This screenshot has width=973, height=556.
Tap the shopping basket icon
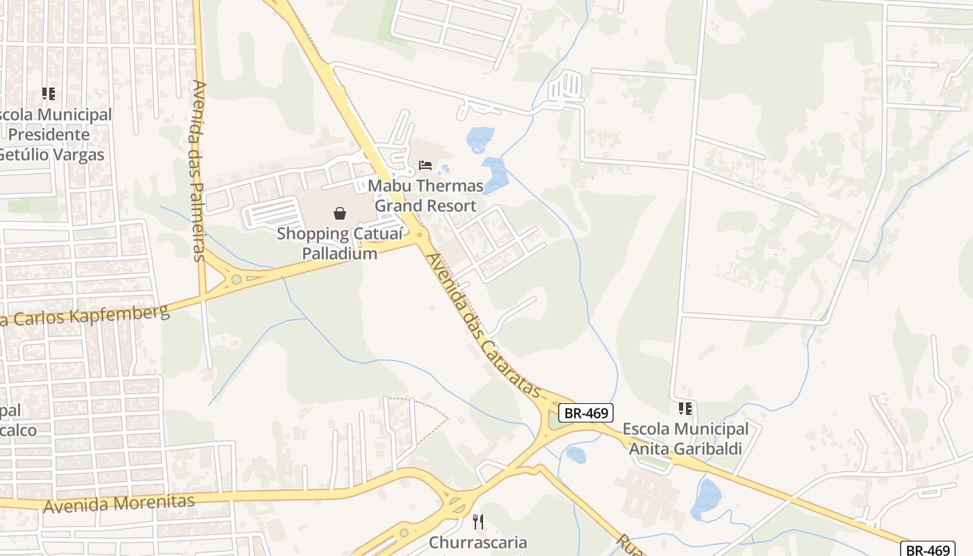tap(340, 213)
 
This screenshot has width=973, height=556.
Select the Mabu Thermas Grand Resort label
tap(425, 195)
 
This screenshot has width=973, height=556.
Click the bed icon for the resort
tap(425, 165)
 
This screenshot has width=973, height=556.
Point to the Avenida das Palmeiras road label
tap(199, 170)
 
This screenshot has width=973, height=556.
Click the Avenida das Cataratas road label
tap(484, 325)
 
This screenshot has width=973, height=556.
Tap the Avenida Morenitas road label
tap(118, 503)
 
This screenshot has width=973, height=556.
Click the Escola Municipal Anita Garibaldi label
tap(685, 439)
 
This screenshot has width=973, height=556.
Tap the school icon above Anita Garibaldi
tap(685, 409)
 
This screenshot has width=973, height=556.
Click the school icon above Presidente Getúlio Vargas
tap(48, 93)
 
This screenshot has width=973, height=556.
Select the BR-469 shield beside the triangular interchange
tap(587, 413)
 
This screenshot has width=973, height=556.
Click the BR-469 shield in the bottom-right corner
tap(927, 550)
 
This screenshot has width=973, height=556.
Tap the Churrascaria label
tap(478, 542)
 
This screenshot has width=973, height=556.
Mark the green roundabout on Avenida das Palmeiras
tap(236, 279)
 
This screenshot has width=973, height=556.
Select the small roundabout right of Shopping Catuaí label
tap(418, 236)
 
